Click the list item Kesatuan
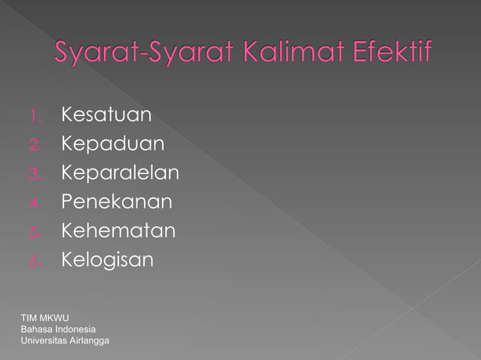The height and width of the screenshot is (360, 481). coord(106,115)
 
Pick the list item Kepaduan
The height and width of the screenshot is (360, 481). coord(112,144)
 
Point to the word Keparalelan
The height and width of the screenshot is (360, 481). coord(120,173)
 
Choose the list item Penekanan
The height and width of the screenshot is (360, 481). coord(116,202)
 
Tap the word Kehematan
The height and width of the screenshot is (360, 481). coord(118,230)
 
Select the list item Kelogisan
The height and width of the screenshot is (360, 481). coord(107,260)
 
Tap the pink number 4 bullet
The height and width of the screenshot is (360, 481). coord(35,203)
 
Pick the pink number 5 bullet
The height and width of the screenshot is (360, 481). coord(35,232)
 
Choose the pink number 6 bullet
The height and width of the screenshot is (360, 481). coord(35,261)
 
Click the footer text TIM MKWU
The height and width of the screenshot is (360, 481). coord(45,318)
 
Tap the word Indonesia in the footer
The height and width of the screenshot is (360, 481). coord(75,330)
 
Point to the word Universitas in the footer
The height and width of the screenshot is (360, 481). coord(45,342)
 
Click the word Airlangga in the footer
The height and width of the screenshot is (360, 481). coord(91,342)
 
